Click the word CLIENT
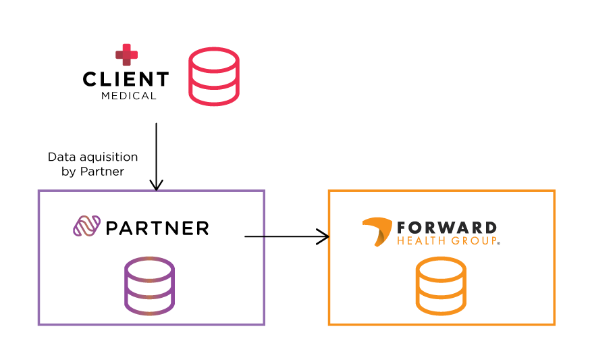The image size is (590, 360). (x=126, y=80)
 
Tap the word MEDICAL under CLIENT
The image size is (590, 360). (x=128, y=96)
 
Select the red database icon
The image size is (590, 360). (x=214, y=76)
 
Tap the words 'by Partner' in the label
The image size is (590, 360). (x=92, y=172)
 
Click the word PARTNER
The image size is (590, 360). (x=157, y=228)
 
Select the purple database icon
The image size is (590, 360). (x=149, y=286)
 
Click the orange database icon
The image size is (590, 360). (x=441, y=286)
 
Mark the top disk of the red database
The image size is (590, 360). (x=214, y=59)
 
